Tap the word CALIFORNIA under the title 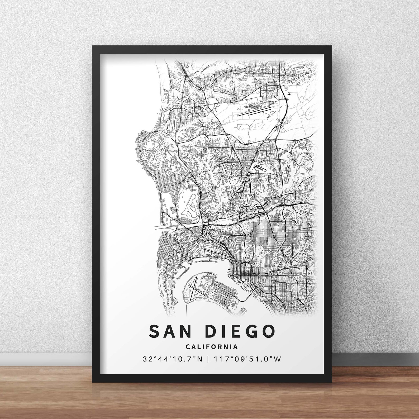coord(212,347)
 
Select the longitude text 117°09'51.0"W coord(247,359)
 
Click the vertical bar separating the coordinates coord(208,359)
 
